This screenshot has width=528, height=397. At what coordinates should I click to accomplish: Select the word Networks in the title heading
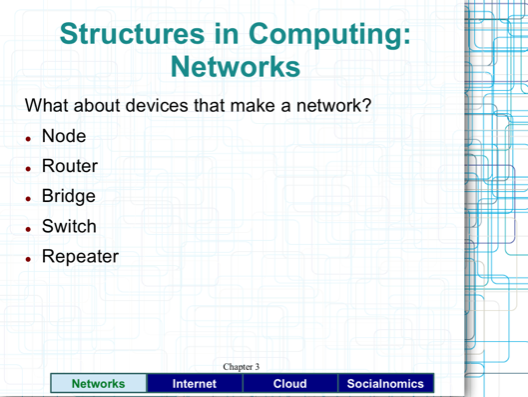click(x=236, y=67)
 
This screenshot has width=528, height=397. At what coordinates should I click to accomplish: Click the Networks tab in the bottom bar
click(x=98, y=383)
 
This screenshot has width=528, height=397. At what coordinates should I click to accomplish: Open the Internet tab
click(x=194, y=383)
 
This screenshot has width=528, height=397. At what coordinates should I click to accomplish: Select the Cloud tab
click(x=289, y=383)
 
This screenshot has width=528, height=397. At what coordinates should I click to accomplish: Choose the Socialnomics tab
click(x=385, y=383)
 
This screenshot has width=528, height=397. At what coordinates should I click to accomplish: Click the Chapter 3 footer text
click(x=241, y=367)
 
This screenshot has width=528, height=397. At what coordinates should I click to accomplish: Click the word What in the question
click(x=48, y=105)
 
